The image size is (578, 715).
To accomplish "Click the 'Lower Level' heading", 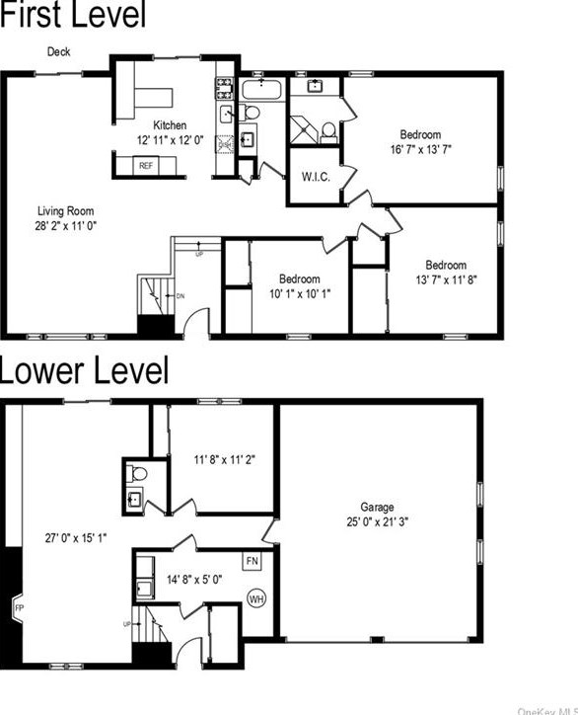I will [x=84, y=371].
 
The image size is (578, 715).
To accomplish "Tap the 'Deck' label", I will [x=58, y=52].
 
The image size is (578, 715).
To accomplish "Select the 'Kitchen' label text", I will [x=169, y=124].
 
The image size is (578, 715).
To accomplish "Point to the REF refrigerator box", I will [x=146, y=166].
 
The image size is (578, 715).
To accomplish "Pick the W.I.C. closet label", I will [x=316, y=177].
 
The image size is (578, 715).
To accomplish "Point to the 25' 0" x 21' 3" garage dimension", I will [x=379, y=522].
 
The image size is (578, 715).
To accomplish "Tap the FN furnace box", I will [x=252, y=562].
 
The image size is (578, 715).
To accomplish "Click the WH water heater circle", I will [x=255, y=597].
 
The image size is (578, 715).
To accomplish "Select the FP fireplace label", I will [x=19, y=607].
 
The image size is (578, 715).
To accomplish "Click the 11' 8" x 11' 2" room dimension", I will [x=224, y=458].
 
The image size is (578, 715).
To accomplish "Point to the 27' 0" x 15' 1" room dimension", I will [x=76, y=538].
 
